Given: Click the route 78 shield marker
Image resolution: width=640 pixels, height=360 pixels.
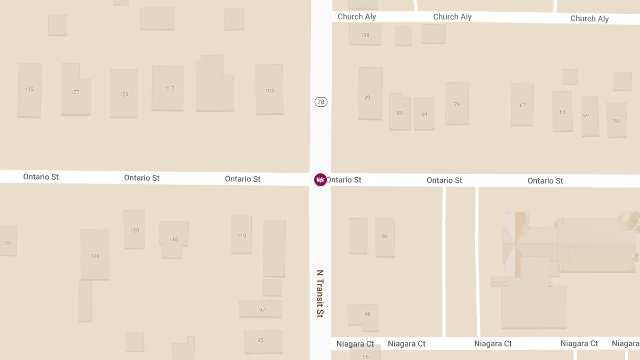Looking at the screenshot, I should (321, 102).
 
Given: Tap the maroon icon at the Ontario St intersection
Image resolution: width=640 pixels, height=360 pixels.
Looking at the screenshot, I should (320, 180).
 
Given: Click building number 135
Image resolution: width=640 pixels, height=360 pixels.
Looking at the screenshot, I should (29, 90).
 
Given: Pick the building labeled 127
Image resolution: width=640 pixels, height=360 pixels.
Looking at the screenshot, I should (75, 92).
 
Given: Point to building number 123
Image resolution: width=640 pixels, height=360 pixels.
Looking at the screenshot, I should (124, 94).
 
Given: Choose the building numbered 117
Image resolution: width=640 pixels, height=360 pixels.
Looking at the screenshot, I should (170, 89).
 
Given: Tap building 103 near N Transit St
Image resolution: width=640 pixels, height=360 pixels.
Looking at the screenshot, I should (269, 91).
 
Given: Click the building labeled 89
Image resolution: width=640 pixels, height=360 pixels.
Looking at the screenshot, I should (367, 98).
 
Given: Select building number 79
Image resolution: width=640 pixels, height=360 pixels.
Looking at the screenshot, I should (457, 105).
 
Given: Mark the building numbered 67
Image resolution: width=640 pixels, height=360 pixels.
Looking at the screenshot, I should (522, 106).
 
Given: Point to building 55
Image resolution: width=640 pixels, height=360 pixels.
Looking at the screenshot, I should (617, 121).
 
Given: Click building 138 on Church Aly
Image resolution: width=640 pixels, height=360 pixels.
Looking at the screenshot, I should (365, 35).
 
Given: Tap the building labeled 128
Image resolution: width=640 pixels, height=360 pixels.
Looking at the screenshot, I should (95, 256).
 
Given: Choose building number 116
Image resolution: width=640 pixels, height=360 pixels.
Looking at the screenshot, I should (173, 239).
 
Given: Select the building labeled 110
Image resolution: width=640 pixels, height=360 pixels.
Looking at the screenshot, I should (242, 236).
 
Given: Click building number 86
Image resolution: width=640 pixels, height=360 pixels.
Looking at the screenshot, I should (385, 236).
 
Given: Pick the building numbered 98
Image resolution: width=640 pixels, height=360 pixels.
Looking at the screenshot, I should (367, 314).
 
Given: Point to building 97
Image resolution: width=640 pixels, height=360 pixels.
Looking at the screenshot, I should (262, 310).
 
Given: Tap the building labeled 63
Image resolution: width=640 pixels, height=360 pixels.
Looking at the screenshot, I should (562, 112).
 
